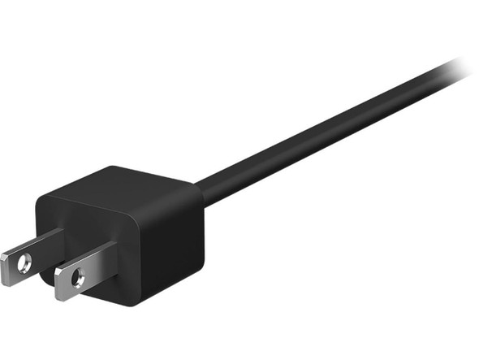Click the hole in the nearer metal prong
78,280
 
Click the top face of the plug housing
122,184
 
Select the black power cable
325,130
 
